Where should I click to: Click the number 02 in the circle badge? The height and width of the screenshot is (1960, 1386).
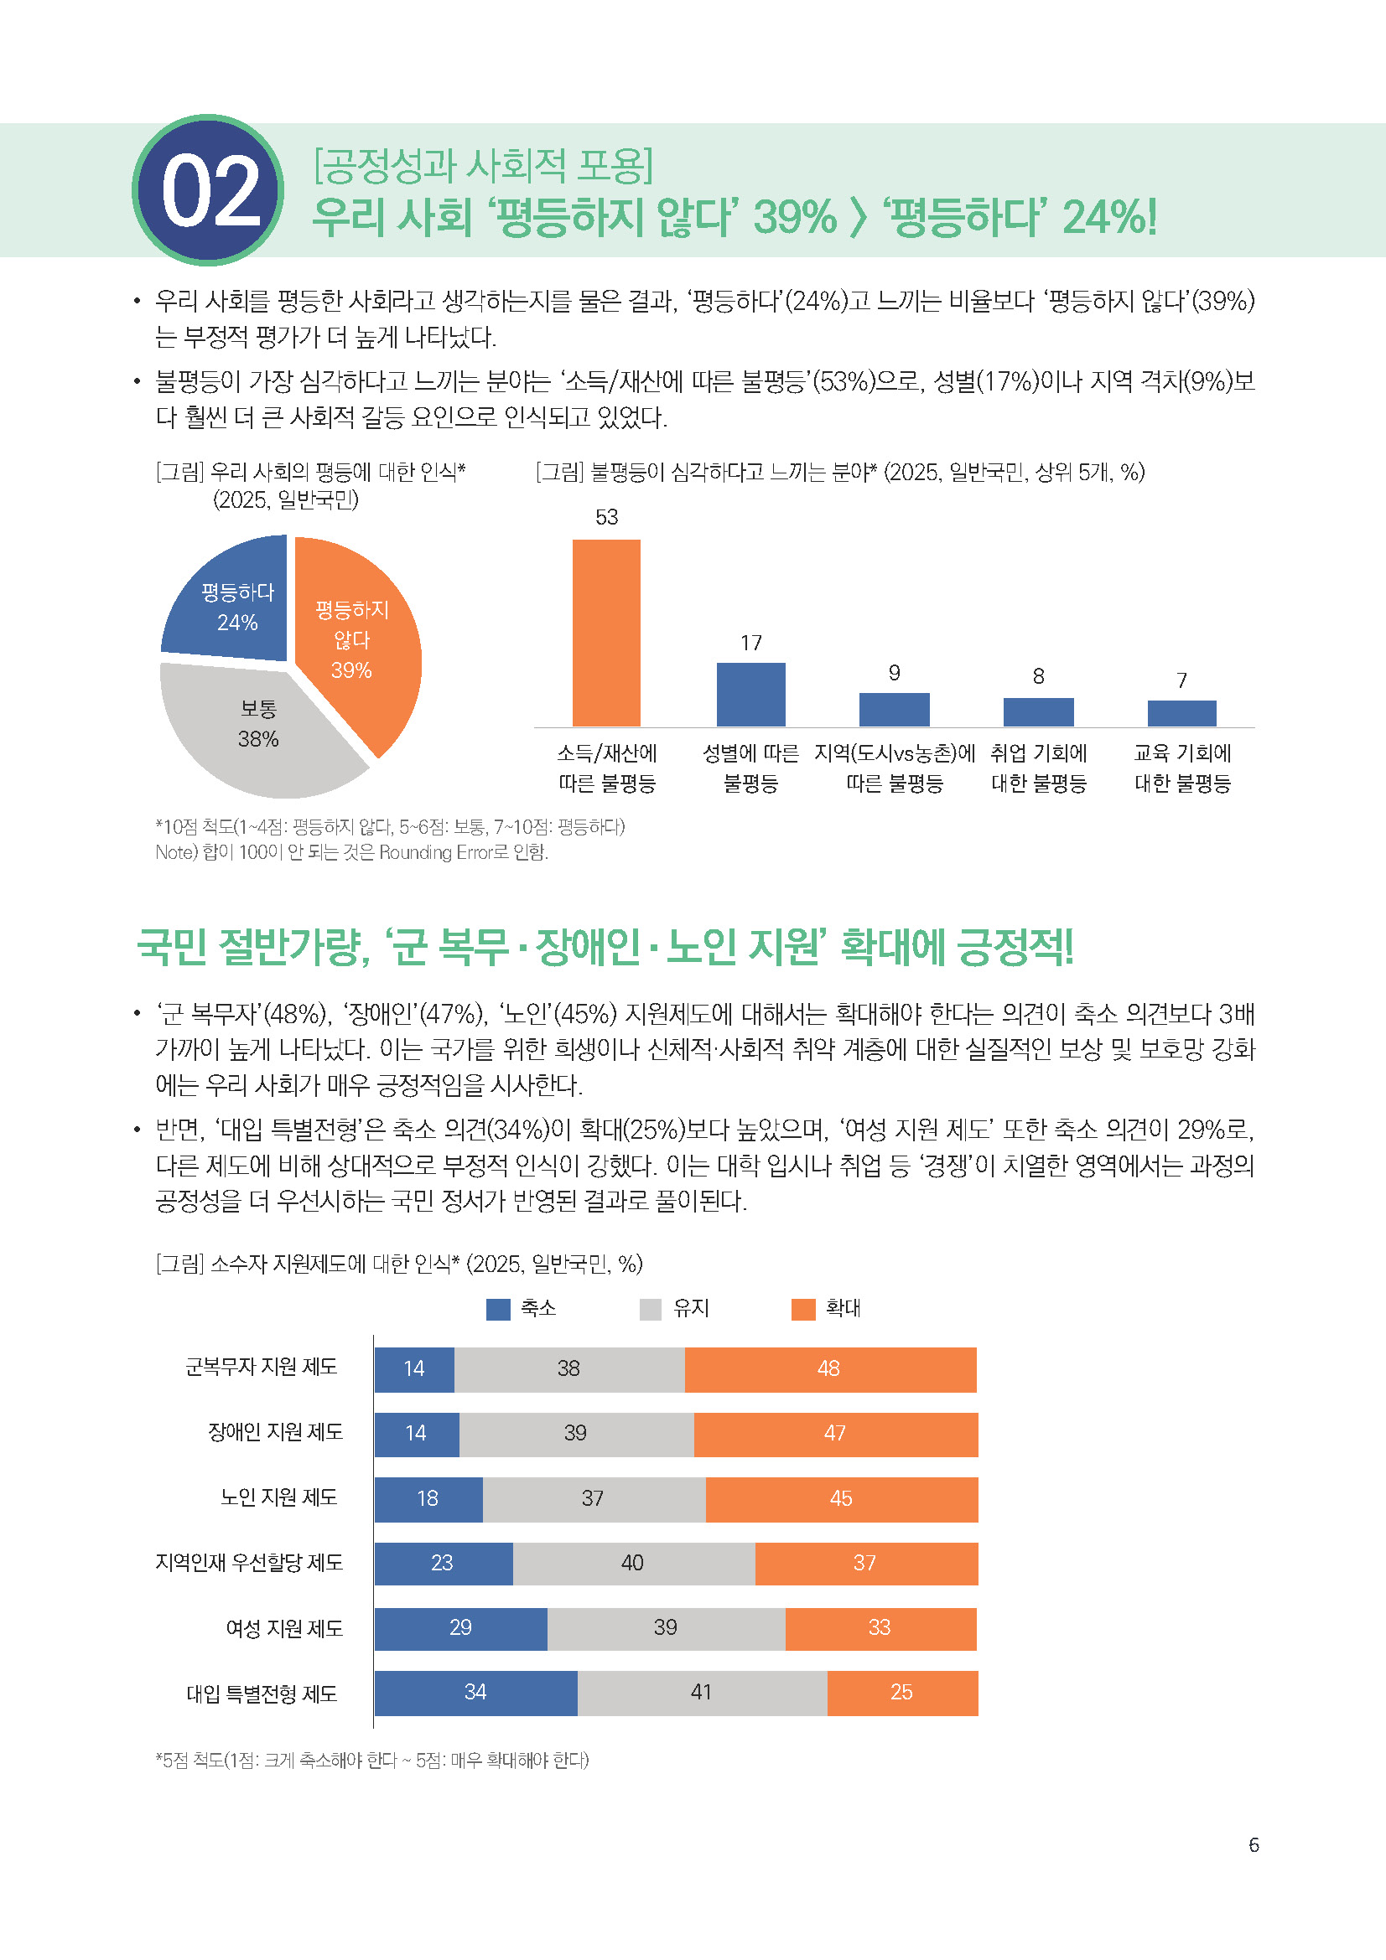210,191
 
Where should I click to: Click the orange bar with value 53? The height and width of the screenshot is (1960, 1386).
605,633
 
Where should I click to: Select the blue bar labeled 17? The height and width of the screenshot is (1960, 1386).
750,694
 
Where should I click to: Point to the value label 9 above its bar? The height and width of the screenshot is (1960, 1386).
894,673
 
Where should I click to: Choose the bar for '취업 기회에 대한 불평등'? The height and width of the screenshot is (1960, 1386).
1038,712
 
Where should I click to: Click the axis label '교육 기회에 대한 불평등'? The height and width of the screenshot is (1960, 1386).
1182,768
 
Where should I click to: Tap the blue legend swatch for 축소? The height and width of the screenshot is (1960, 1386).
498,1309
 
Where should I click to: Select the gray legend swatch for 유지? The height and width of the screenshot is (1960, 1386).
651,1309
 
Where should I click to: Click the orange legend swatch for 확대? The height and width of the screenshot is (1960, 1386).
803,1309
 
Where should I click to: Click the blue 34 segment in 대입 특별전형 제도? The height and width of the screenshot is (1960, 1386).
475,1693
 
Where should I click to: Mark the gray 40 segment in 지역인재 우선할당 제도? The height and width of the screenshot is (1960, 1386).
633,1563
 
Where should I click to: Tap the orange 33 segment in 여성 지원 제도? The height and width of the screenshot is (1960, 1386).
880,1628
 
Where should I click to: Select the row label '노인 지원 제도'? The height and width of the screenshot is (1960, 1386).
278,1497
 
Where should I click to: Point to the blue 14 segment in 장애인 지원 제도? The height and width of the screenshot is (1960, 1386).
416,1434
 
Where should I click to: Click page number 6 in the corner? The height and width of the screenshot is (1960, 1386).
1254,1844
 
